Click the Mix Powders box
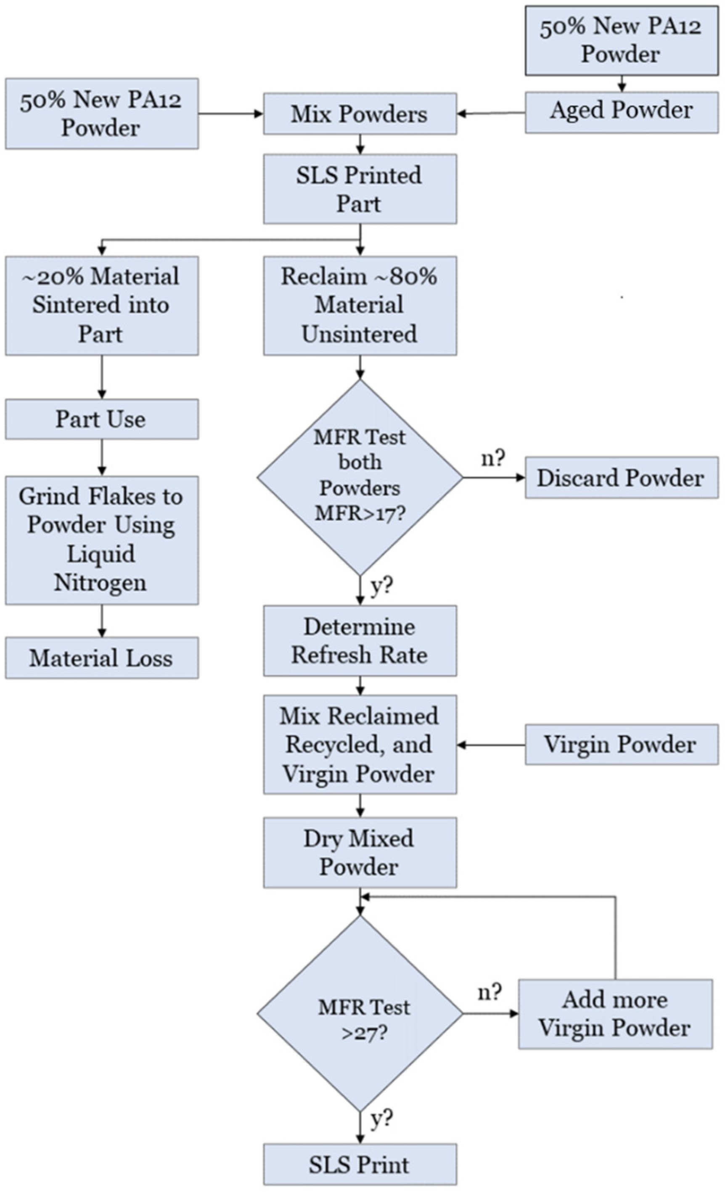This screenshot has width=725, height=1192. pos(360,114)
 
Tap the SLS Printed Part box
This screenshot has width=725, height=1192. pos(360,189)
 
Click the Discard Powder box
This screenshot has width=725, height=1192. pos(622,478)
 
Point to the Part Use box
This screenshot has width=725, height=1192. pos(102,419)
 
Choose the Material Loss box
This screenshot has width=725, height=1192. pos(102,658)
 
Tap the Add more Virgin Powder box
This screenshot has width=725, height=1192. pos(615,1014)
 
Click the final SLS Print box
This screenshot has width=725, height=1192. pos(360,1164)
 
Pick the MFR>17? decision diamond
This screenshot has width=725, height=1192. pos(360,478)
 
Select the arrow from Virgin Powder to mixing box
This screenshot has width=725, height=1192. pos(491,745)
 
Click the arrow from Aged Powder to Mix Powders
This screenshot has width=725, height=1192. pos(491,114)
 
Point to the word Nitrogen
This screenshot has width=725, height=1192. pos(100,582)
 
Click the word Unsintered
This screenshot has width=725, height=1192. pos(359,334)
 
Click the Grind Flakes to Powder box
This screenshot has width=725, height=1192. pos(102,540)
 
